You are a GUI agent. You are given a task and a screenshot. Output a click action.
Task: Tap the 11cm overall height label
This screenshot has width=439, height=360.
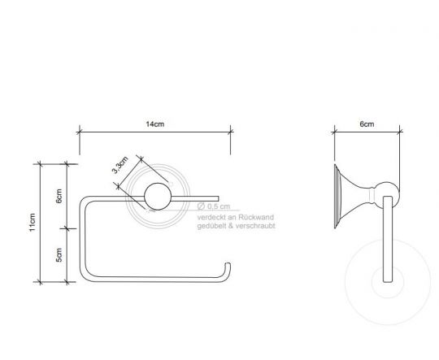coord(33,221)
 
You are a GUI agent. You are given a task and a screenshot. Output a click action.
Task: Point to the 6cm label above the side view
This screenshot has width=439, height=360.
coord(367,124)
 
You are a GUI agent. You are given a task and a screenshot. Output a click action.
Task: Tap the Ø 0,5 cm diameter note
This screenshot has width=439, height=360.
coord(214,207)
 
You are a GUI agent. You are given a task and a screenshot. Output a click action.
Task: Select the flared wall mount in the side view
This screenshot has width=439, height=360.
coord(347,195)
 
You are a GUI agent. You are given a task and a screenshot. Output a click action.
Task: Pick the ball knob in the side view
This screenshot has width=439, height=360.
coord(389,195)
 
